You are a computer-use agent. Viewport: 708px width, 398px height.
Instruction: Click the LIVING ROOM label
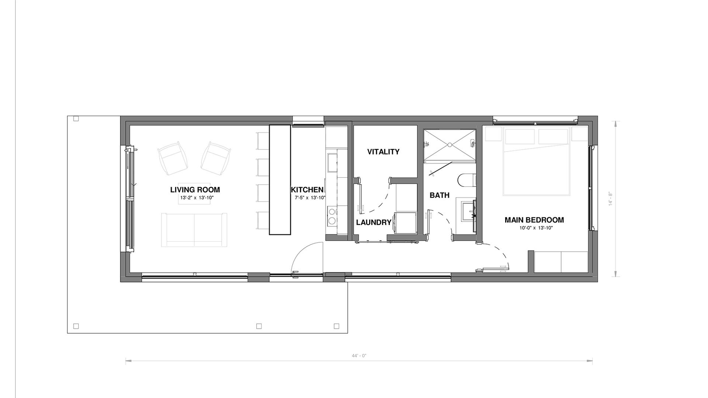coord(195,190)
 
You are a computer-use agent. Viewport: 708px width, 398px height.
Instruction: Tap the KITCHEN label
coord(307,190)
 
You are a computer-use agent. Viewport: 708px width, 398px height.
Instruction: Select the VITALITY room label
coord(383,151)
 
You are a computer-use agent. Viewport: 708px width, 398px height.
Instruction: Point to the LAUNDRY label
coord(374,222)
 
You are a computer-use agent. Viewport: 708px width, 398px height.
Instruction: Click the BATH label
coord(440,195)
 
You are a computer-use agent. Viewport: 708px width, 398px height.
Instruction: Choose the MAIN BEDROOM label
coord(534,220)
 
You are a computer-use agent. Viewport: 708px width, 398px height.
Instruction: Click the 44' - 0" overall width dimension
coord(359,356)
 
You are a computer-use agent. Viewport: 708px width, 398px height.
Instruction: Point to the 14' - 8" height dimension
coord(611,199)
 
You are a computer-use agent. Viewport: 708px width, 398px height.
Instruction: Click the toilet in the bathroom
coord(466,180)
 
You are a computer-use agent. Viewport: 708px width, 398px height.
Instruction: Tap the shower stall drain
coord(450,145)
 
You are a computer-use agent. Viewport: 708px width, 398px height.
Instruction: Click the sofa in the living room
coord(194,230)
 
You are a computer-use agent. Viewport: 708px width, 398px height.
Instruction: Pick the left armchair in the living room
coord(172,158)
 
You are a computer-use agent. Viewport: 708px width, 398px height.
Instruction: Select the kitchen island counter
coord(280,180)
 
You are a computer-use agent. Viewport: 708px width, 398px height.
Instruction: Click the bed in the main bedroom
coord(537,161)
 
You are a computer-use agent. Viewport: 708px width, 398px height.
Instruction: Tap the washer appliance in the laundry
coord(406,223)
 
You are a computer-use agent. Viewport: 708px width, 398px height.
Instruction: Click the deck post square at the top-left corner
coord(76,119)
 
